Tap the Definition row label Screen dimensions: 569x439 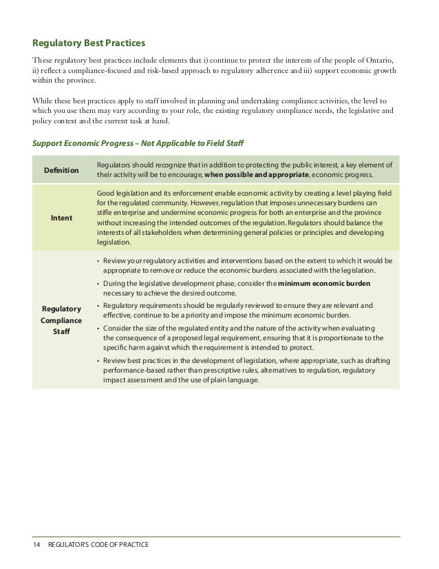61,169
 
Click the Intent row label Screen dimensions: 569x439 61,218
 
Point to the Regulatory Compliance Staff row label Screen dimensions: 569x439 61,321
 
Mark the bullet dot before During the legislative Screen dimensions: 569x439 99,284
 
